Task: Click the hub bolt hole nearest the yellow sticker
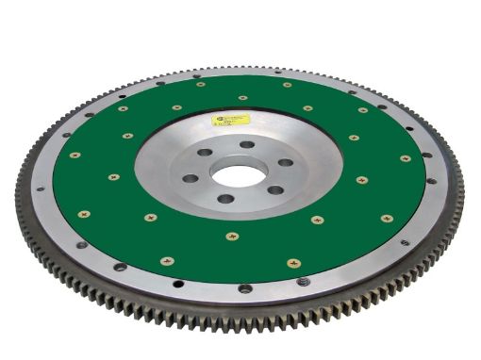(x=247, y=145)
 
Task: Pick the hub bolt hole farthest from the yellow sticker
(x=225, y=199)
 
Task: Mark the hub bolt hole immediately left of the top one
(x=205, y=153)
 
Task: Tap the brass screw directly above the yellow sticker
(x=243, y=97)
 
